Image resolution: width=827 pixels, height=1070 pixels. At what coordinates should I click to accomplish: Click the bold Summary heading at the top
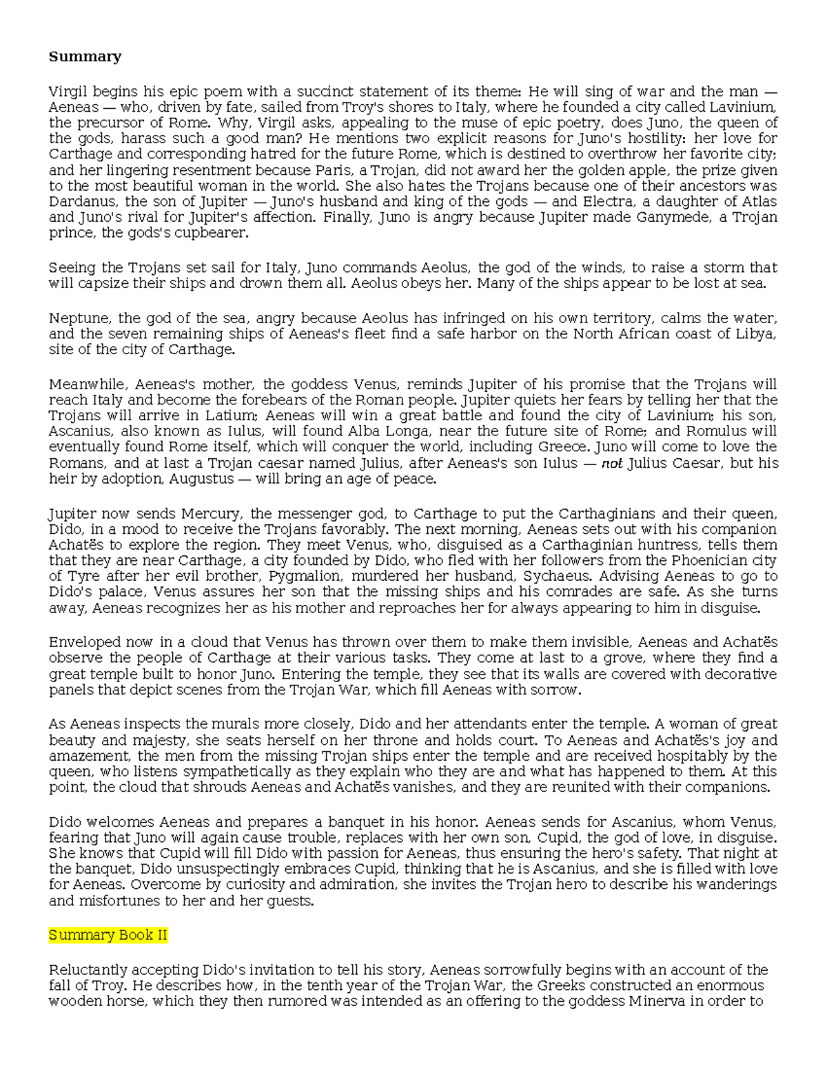click(85, 56)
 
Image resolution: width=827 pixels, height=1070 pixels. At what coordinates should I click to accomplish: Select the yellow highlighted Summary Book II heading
click(108, 935)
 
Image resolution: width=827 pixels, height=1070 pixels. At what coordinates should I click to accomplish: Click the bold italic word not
click(612, 464)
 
